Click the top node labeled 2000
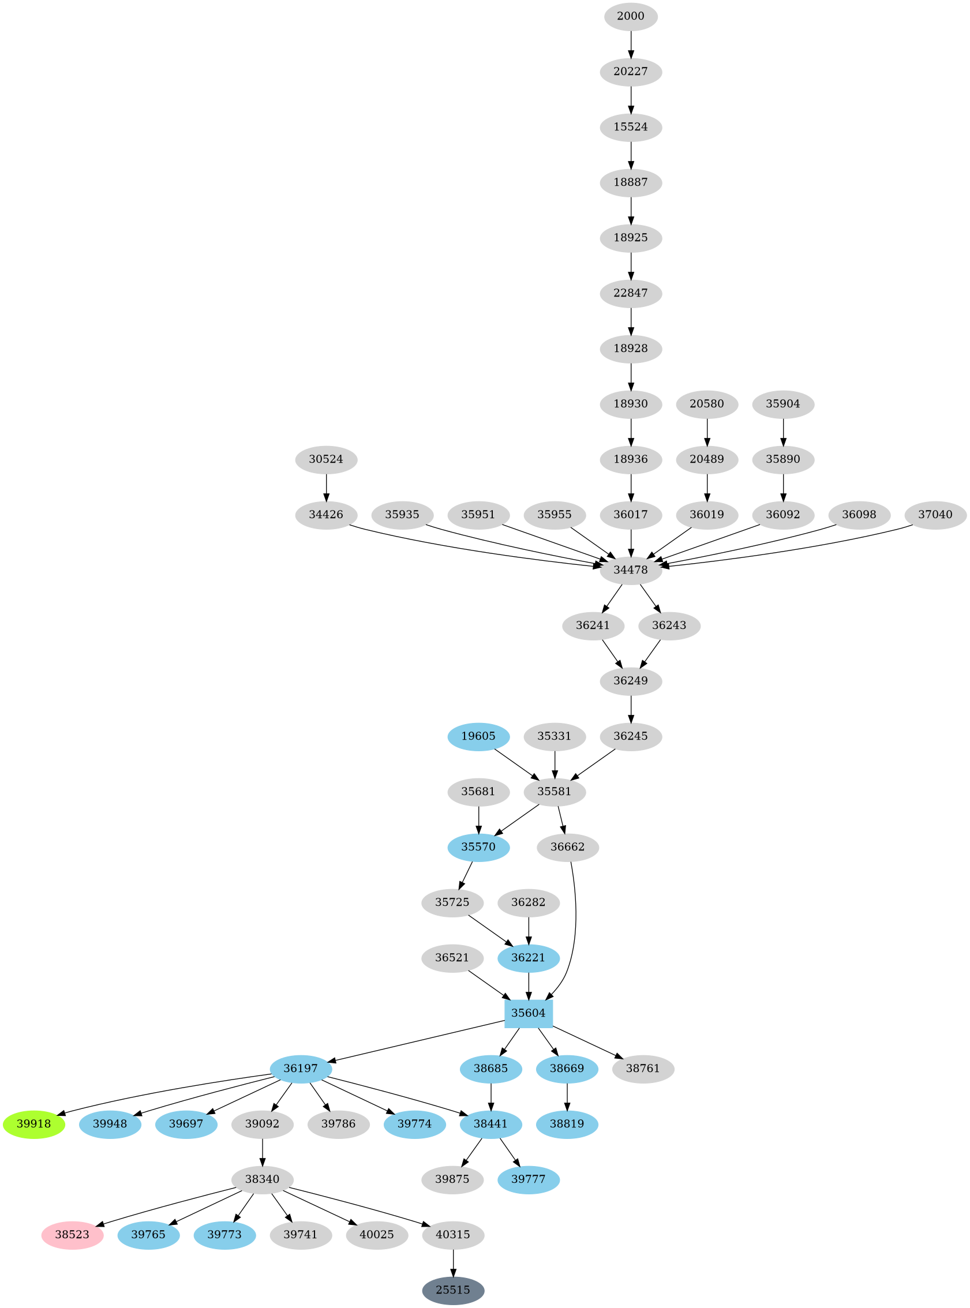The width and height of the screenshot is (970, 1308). [631, 16]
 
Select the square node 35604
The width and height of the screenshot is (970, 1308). [529, 1013]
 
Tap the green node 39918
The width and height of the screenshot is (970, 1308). [33, 1124]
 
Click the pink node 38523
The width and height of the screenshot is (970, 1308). [72, 1235]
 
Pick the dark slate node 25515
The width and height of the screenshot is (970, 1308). [453, 1290]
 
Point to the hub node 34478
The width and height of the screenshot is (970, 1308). [631, 569]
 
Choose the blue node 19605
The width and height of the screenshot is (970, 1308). [478, 736]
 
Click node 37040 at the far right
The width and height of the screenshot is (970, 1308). [935, 514]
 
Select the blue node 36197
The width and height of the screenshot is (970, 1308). [301, 1068]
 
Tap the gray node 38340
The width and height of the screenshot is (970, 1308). [262, 1179]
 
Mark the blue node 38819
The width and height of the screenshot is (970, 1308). [567, 1124]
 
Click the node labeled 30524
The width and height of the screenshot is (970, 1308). [326, 459]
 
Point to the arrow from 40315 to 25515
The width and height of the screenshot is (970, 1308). [453, 1262]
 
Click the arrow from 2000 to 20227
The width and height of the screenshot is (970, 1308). [631, 44]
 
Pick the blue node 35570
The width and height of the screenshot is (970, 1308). [478, 846]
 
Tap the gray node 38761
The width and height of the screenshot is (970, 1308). [643, 1068]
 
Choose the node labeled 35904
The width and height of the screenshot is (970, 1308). [782, 404]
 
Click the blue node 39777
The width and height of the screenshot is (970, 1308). [529, 1179]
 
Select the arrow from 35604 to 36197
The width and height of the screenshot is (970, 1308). [417, 1041]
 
